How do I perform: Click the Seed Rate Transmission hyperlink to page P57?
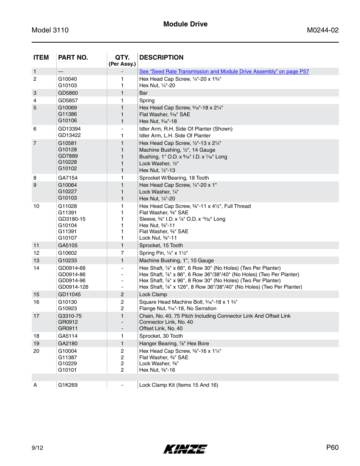[224, 71]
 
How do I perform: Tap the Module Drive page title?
[185, 24]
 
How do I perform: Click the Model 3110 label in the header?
[50, 30]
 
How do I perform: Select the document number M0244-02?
[323, 30]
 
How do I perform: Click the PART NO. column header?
[73, 57]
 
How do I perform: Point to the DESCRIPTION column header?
[162, 57]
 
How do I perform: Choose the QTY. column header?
[122, 57]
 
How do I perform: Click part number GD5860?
[68, 93]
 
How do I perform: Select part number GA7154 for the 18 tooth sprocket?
[68, 178]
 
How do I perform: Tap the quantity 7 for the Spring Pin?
[122, 253]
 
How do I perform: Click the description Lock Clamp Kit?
[178, 385]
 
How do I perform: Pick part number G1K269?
[68, 385]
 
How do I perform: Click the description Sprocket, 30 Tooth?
[161, 336]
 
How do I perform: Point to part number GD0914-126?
[73, 287]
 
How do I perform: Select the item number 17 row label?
[36, 316]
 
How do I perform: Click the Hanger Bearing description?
[174, 343]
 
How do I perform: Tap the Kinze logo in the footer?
[185, 449]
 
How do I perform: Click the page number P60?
[332, 448]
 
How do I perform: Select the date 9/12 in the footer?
[37, 448]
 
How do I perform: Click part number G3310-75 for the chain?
[70, 316]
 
